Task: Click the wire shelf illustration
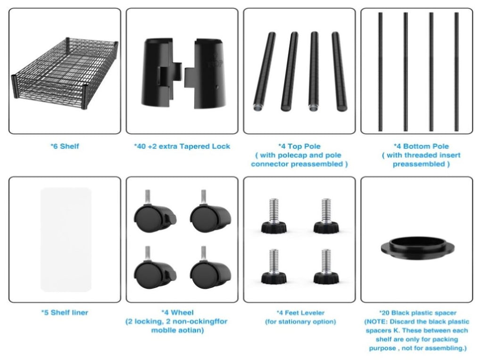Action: pyautogui.click(x=65, y=74)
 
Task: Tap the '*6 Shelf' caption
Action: pyautogui.click(x=65, y=146)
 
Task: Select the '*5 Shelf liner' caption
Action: pyautogui.click(x=65, y=312)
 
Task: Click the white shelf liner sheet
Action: pyautogui.click(x=66, y=240)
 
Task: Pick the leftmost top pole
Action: pyautogui.click(x=265, y=71)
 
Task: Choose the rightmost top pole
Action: pyautogui.click(x=339, y=71)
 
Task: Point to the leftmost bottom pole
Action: pyautogui.click(x=381, y=72)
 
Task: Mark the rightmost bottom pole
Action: pyautogui.click(x=457, y=72)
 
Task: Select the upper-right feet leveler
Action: pyautogui.click(x=326, y=216)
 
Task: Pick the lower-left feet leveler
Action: pyautogui.click(x=274, y=266)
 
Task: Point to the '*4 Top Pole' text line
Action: pyautogui.click(x=300, y=146)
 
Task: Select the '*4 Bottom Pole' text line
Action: pyautogui.click(x=421, y=146)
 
